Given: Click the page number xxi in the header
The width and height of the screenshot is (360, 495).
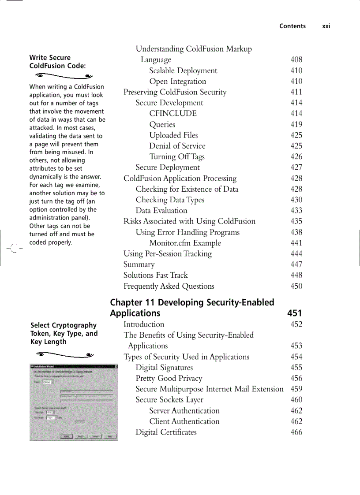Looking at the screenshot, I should click(326, 26).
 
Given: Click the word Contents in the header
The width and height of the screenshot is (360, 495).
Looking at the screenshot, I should click(292, 26).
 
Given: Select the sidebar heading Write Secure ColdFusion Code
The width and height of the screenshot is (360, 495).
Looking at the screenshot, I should click(57, 62).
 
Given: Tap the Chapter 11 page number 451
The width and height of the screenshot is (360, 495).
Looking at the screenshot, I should click(294, 313).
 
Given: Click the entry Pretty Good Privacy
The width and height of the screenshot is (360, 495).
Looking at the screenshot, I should click(169, 378).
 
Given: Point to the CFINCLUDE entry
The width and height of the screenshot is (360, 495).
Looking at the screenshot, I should click(173, 113).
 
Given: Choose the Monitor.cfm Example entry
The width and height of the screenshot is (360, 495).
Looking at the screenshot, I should click(185, 243).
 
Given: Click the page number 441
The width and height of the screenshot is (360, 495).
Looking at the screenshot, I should click(296, 243).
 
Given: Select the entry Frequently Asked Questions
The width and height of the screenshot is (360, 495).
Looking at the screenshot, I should click(169, 286).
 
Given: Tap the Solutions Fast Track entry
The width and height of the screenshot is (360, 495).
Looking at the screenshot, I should click(156, 275).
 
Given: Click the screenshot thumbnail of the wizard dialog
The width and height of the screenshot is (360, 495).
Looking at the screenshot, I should click(74, 402).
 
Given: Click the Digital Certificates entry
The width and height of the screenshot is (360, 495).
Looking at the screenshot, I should click(166, 432).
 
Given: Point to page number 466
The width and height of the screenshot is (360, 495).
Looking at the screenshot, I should click(296, 432).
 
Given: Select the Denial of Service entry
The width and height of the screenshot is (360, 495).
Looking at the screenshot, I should click(177, 146).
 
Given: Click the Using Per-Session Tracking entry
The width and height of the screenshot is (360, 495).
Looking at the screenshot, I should click(168, 253).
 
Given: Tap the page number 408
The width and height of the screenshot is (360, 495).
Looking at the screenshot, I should click(296, 60).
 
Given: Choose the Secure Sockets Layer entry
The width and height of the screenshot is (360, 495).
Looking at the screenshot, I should click(169, 400).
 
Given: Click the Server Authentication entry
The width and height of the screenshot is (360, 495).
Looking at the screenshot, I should click(184, 410).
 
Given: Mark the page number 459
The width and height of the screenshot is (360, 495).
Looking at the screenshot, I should click(296, 389).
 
